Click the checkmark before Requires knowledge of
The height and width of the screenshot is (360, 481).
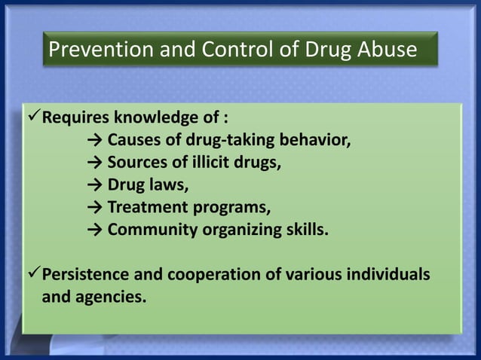[32, 118]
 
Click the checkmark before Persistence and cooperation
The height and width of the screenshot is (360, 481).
[32, 274]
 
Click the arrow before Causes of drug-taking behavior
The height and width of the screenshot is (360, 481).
[94, 141]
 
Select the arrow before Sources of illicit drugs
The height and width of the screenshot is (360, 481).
[94, 163]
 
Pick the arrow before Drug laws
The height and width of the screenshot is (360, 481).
[94, 185]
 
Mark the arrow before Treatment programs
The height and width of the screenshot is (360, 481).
[94, 207]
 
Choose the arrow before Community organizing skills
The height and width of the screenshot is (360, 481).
[94, 230]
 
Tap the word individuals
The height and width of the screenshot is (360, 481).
[391, 274]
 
